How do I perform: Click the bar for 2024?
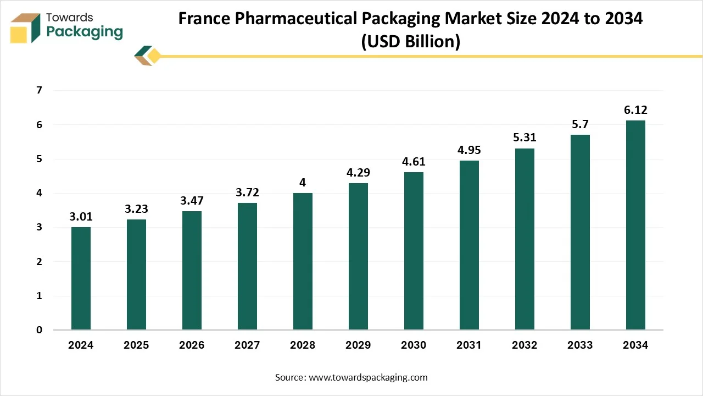coord(81,278)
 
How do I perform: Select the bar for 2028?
coord(303,261)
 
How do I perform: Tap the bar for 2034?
coord(635,225)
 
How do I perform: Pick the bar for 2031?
coord(469,245)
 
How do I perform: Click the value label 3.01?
coord(81,217)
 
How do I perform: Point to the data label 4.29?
coord(358,173)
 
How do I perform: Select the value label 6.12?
coord(635,110)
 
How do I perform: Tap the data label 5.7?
coord(580,124)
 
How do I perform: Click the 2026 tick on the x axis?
coord(192,345)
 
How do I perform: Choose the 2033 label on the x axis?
coord(580,345)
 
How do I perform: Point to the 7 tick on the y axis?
coord(39,91)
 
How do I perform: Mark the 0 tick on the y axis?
coord(39,330)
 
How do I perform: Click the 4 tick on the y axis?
coord(39,194)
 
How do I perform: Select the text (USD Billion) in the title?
coord(410,41)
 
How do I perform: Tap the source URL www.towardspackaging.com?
coord(368,377)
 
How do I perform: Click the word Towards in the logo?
coord(70,18)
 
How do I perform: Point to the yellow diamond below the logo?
coord(154,56)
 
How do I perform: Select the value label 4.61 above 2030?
coord(414,162)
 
